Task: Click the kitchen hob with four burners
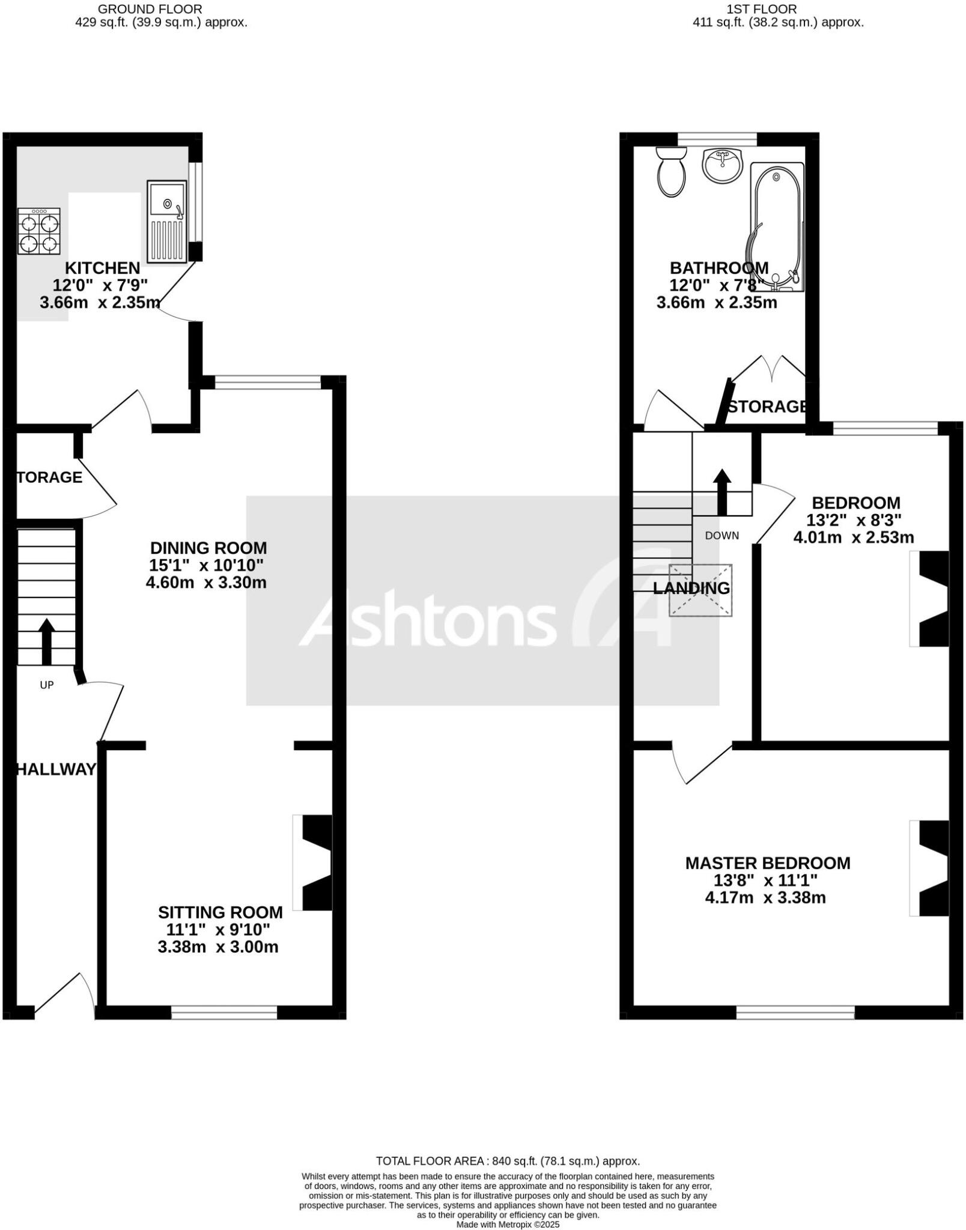tap(39, 231)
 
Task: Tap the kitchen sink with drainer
tap(166, 221)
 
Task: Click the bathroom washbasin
tap(723, 165)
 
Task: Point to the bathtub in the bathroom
tap(776, 227)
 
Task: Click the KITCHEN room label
tap(102, 268)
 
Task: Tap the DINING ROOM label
tap(208, 548)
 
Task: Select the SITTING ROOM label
tap(220, 912)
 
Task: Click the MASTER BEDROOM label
tap(767, 863)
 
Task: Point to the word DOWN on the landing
tap(721, 536)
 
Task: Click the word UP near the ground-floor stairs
tap(46, 685)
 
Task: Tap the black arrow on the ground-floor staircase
tap(46, 641)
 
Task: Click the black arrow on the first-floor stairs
tap(721, 491)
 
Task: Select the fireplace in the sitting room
tap(314, 862)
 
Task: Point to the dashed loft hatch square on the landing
tap(700, 590)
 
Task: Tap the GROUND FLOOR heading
tap(150, 9)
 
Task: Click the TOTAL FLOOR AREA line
tap(508, 1161)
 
